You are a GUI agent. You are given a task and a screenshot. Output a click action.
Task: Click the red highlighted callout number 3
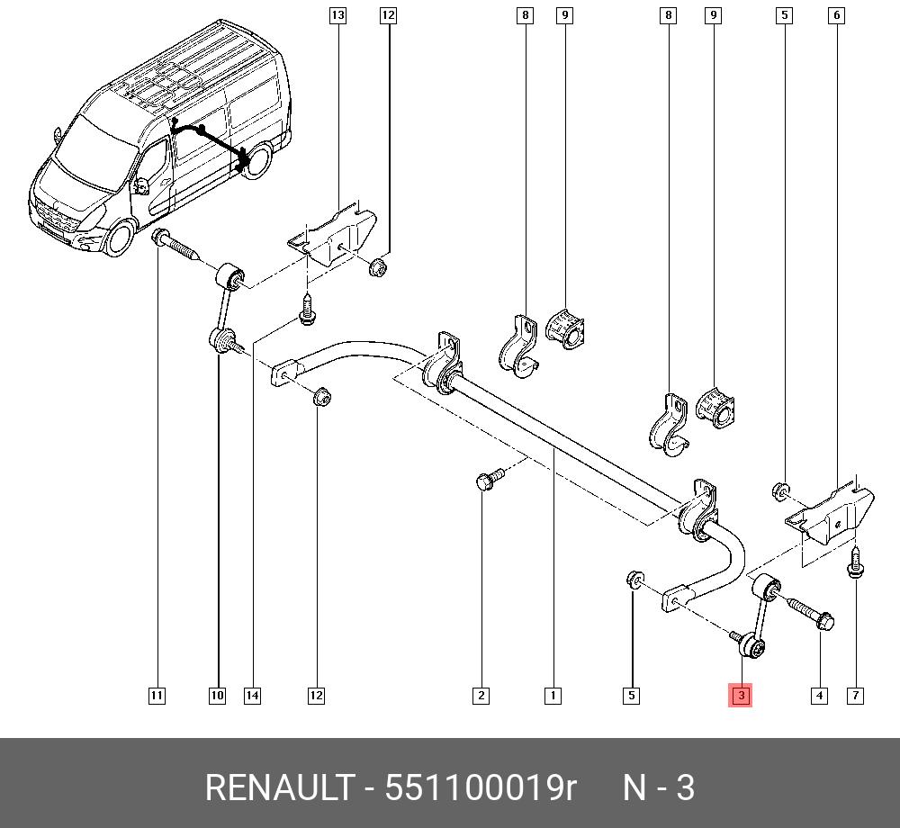tap(741, 695)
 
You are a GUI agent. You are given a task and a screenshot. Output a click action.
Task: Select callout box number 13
tap(337, 15)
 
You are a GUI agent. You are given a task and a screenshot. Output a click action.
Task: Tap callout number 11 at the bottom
tap(157, 695)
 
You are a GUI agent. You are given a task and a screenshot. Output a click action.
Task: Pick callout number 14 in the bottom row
tap(252, 695)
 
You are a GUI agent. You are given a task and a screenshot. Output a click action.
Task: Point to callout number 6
tap(837, 15)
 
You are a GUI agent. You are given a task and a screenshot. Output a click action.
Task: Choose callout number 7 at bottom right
tap(855, 695)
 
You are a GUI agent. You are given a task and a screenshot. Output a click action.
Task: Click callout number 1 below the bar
tap(553, 695)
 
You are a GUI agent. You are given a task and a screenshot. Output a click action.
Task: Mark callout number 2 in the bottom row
tap(481, 695)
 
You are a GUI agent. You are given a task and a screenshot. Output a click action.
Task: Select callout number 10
tap(217, 695)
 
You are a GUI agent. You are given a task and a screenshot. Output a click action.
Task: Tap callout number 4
tap(819, 695)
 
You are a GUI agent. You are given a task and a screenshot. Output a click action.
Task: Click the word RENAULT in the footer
tap(279, 787)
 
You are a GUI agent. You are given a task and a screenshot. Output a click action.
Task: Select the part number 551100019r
tap(480, 787)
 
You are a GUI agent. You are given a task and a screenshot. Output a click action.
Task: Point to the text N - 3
tap(660, 787)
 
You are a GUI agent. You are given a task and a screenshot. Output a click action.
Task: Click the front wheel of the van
tap(118, 238)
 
